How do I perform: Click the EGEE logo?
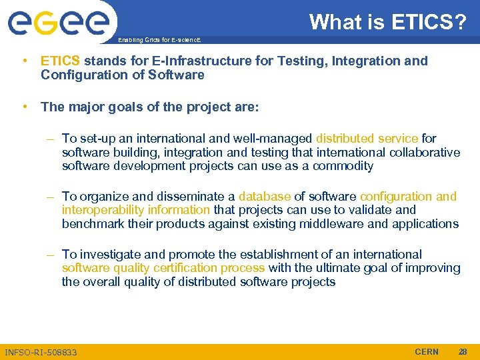pos(58,23)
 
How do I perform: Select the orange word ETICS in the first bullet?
pos(61,61)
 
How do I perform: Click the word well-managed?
pos(273,139)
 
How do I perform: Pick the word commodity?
pos(343,166)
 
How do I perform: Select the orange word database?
pos(265,197)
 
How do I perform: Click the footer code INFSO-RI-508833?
pos(41,352)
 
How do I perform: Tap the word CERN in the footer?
pos(427,351)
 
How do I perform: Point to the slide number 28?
pos(463,351)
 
